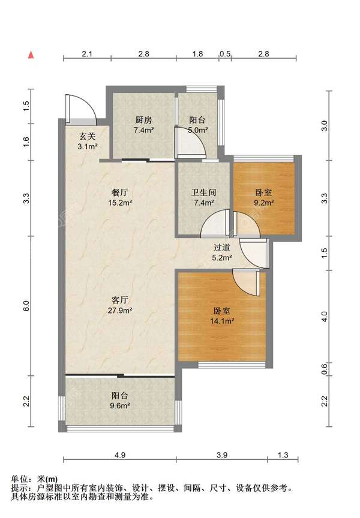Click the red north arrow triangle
tap(31, 55)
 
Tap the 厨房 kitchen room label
tap(143, 119)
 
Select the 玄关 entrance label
tap(88, 135)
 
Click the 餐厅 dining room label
tap(119, 192)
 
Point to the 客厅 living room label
tap(119, 300)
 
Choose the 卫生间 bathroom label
tap(203, 192)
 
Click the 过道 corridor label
tap(221, 247)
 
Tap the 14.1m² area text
tap(222, 320)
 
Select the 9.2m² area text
tap(263, 203)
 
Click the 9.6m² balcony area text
tap(119, 406)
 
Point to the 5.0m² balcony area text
tap(198, 130)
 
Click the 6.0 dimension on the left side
tap(26, 306)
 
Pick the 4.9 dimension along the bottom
tap(119, 455)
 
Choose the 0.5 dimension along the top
tap(225, 53)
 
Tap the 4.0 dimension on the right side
tap(325, 317)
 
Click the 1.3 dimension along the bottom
tap(283, 455)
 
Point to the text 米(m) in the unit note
tap(47, 478)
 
